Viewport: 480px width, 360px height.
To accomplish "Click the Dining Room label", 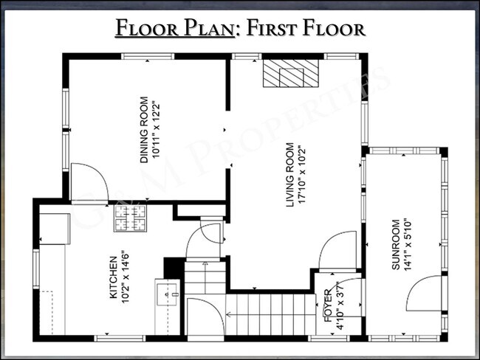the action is click(144, 130).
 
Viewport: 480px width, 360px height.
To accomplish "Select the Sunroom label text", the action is click(396, 245).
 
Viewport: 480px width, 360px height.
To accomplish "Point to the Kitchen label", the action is click(113, 277).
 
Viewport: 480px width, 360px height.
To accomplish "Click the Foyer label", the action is click(328, 305).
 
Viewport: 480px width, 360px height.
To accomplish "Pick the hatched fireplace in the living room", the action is click(290, 74).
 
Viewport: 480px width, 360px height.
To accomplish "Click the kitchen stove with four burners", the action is click(130, 218).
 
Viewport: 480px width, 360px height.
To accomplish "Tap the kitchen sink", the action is click(167, 294).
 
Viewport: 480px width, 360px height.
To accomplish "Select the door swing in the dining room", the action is click(89, 182).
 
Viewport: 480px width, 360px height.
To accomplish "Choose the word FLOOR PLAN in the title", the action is click(175, 28).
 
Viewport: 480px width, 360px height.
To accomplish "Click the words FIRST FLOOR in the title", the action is click(306, 28).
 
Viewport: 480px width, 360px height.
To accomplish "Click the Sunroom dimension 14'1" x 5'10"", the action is click(408, 244).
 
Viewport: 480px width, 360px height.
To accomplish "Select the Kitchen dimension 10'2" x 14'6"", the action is click(126, 277).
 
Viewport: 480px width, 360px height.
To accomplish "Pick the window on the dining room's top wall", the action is click(148, 56).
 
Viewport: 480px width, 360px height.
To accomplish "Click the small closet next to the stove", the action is click(201, 210).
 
